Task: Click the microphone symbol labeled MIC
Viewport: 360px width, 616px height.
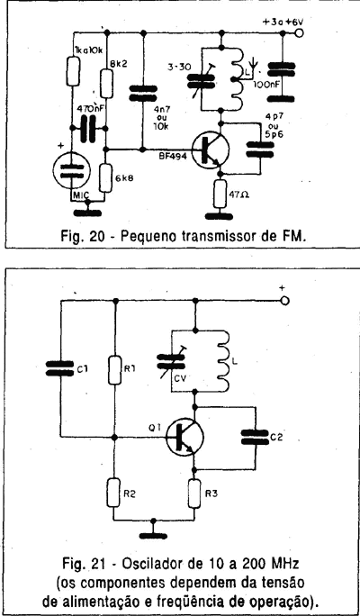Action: click(71, 170)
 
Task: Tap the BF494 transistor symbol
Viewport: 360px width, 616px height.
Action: click(211, 150)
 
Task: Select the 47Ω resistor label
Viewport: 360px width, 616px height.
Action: click(238, 194)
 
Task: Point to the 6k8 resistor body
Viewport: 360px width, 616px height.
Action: click(106, 177)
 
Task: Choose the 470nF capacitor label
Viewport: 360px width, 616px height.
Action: click(88, 109)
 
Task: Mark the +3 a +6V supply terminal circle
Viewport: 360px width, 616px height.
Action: click(299, 33)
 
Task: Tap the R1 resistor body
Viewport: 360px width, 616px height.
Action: click(115, 370)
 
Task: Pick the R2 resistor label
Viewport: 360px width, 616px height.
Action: click(130, 495)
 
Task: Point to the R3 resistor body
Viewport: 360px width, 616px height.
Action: click(194, 493)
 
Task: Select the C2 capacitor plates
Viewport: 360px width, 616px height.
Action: click(256, 437)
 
